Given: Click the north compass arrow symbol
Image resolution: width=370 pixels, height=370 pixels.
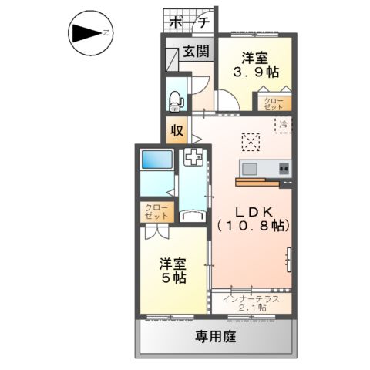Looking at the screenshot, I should (x=87, y=33).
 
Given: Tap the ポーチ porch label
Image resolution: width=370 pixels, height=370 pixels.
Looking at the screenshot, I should (x=188, y=22).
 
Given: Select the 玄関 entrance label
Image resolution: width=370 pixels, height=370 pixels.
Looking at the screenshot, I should (x=195, y=52).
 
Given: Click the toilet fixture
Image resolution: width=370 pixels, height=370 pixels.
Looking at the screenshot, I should (x=176, y=97).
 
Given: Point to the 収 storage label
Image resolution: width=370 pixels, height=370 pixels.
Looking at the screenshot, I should (x=177, y=130).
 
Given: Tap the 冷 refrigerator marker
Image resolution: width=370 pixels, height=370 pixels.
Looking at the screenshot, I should (x=284, y=123).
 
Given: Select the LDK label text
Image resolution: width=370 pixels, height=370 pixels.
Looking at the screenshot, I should (x=251, y=210).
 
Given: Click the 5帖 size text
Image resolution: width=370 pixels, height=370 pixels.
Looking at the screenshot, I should (x=173, y=278).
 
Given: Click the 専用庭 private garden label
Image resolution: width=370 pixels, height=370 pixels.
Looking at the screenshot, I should (x=215, y=336).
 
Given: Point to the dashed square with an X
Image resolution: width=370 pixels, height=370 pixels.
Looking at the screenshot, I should (x=251, y=142).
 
